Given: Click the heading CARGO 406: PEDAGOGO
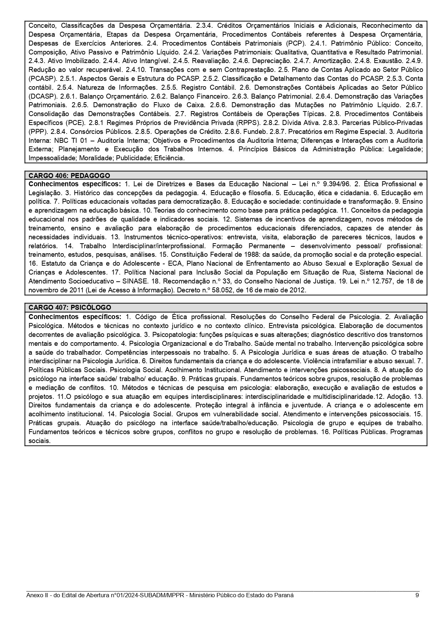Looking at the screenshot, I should pos(69,176).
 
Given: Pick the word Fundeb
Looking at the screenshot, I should pos(252,131).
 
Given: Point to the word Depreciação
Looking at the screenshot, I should pos(268,61).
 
